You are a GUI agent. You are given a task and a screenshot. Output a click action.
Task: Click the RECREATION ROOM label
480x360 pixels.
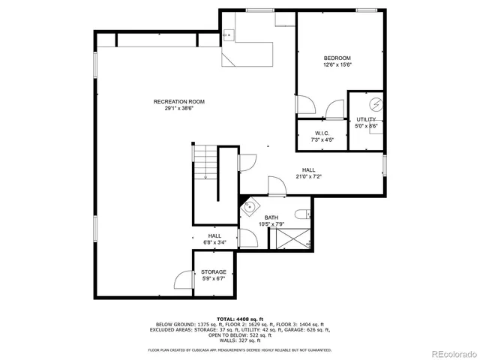pyautogui.click(x=178, y=102)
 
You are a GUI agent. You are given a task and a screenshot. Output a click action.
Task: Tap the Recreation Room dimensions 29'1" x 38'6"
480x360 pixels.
pyautogui.click(x=178, y=108)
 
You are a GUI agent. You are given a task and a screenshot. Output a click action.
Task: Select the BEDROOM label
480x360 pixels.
pyautogui.click(x=337, y=58)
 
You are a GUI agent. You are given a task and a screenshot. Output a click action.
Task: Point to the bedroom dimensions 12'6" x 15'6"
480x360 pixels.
pyautogui.click(x=337, y=64)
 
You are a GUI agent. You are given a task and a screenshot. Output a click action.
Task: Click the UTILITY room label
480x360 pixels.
pyautogui.click(x=366, y=119)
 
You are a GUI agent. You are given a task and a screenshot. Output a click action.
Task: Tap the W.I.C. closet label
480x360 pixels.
pyautogui.click(x=322, y=133)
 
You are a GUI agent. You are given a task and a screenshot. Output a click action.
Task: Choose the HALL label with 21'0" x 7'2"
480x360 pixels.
pyautogui.click(x=308, y=170)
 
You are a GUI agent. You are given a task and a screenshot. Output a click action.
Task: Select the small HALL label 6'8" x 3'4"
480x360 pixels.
pyautogui.click(x=214, y=236)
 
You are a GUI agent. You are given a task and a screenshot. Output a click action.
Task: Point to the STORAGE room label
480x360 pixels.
pyautogui.click(x=213, y=272)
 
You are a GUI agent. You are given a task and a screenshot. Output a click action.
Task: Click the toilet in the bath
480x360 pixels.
pyautogui.click(x=302, y=215)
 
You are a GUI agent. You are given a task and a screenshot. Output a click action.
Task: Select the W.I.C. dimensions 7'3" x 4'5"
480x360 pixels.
pyautogui.click(x=322, y=139)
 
